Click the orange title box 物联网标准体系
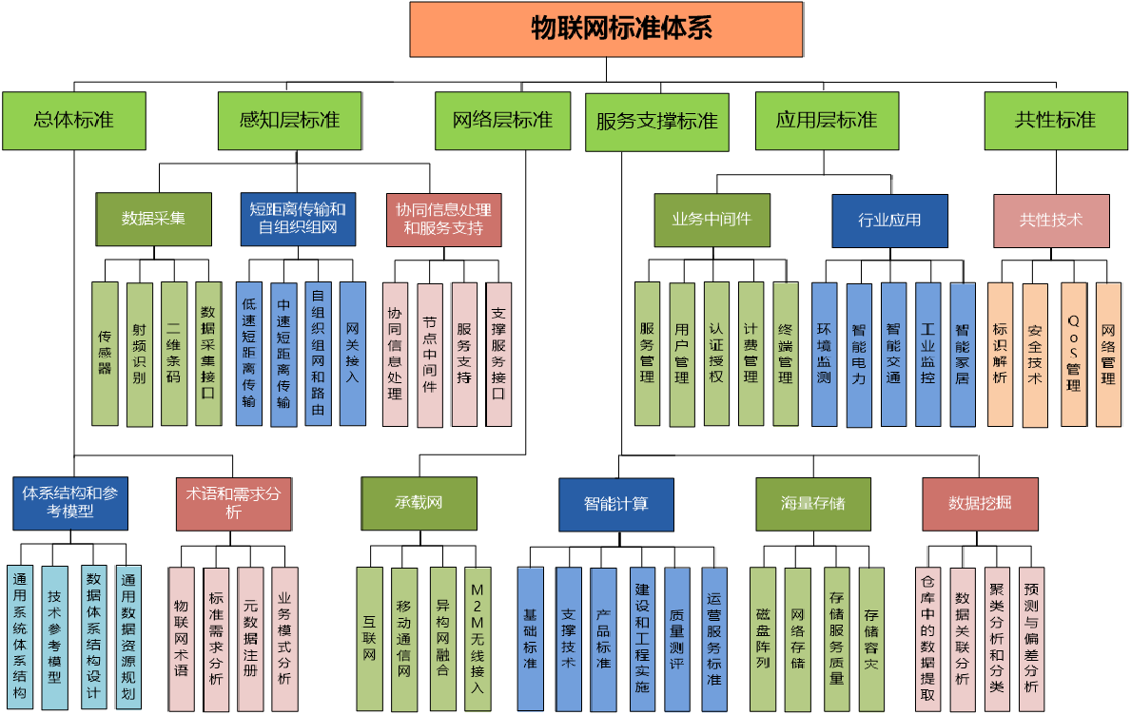(607, 29)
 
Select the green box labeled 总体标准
(73, 121)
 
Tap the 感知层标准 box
(289, 121)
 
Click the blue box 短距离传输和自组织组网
(298, 220)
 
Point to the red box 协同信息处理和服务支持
(443, 220)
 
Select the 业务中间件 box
(712, 220)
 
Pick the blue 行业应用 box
(889, 221)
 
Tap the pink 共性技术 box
(1051, 220)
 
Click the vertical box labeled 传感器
(106, 354)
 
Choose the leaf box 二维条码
(174, 354)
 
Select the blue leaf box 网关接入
(353, 354)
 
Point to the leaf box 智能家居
(963, 354)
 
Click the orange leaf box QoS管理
(1074, 354)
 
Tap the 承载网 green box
(419, 503)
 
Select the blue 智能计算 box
(616, 504)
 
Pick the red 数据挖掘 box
(980, 504)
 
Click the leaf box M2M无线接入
(478, 639)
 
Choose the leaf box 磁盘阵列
(763, 639)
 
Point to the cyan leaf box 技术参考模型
(55, 639)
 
